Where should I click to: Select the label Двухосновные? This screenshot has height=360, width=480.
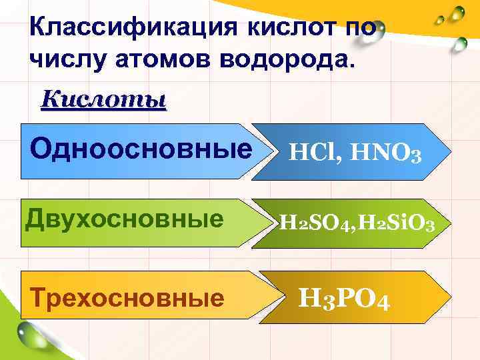[124, 219]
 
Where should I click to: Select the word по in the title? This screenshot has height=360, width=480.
[365, 29]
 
